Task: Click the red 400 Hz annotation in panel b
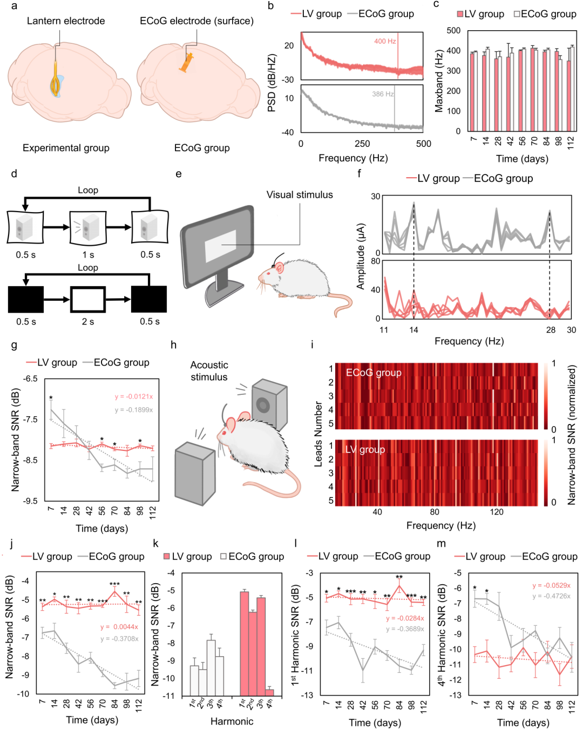[x=385, y=41]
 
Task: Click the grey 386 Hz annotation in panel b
[x=383, y=94]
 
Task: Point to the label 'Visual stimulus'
[x=300, y=195]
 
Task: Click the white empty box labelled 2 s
[x=87, y=300]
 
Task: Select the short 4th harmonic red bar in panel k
[x=269, y=692]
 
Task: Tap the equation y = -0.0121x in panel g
[x=133, y=397]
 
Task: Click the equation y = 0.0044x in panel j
[x=119, y=627]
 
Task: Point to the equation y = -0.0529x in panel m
[x=551, y=585]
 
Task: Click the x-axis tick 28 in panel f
[x=551, y=330]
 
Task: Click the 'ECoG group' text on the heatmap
[x=374, y=373]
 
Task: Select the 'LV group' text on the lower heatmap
[x=365, y=449]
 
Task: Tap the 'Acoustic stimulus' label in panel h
[x=209, y=371]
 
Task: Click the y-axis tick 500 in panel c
[x=453, y=31]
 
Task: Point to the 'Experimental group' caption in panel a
[x=66, y=148]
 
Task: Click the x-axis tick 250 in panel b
[x=362, y=144]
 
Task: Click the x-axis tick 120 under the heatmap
[x=497, y=512]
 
